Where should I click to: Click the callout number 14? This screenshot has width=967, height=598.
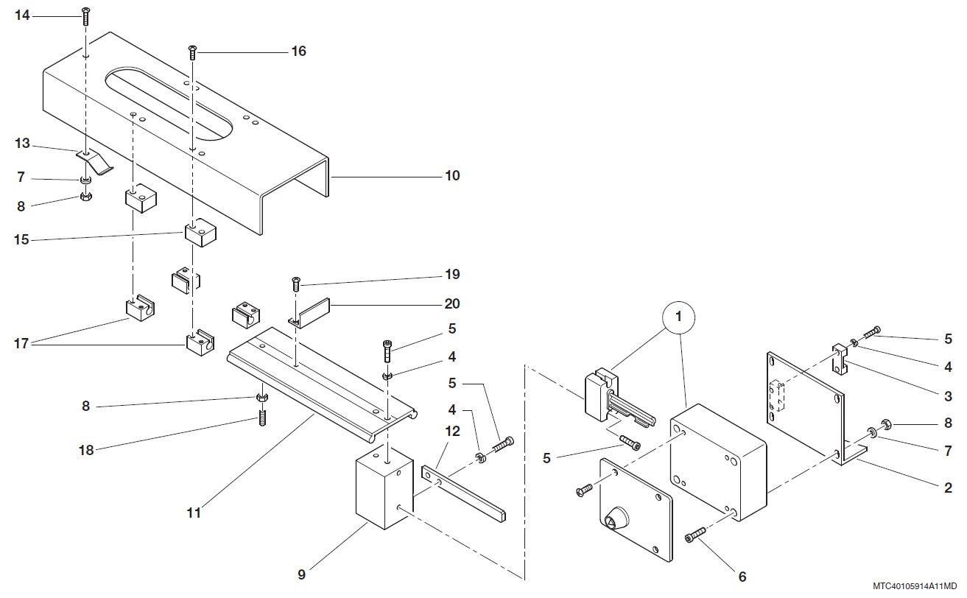[x=22, y=14]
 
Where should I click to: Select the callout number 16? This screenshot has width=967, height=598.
[x=298, y=52]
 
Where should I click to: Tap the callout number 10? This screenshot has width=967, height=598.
[x=451, y=176]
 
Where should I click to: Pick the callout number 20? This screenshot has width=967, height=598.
[x=451, y=303]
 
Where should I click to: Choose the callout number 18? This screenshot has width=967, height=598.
[x=86, y=450]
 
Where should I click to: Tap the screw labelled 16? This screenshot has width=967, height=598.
[x=193, y=52]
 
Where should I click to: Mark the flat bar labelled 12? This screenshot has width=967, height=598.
[x=464, y=495]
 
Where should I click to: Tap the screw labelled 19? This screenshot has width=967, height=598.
[x=295, y=282]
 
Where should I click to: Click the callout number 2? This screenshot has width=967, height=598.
[x=948, y=488]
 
